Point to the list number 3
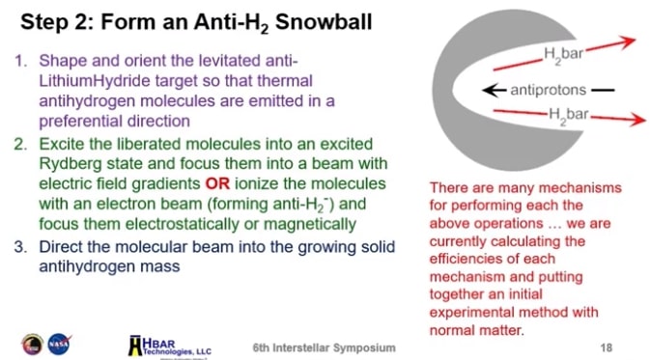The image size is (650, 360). [23, 246]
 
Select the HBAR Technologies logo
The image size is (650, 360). [170, 343]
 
